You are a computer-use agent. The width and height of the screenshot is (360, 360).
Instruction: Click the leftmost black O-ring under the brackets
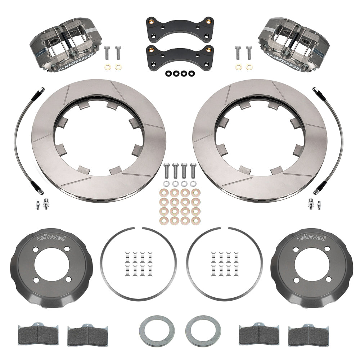point(168,73)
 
